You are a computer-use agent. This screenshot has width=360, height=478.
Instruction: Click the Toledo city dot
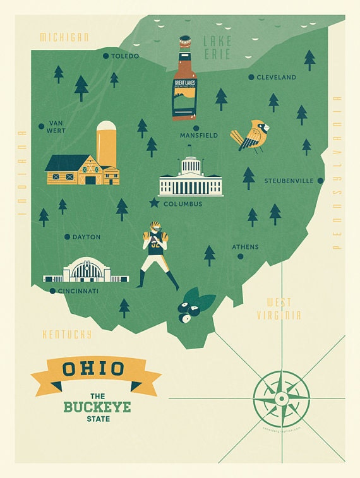tap(105, 56)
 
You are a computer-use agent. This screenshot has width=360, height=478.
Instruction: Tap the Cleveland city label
tap(276, 77)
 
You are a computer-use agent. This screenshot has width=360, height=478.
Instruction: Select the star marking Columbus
tap(154, 203)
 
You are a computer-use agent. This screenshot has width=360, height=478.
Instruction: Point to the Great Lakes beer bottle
tap(184, 79)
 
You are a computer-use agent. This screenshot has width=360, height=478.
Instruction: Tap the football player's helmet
tap(155, 227)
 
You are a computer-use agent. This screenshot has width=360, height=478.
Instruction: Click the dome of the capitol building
tap(190, 164)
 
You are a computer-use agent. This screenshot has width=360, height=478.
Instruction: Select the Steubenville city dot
tap(320, 181)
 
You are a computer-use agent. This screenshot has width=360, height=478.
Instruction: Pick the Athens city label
tap(245, 247)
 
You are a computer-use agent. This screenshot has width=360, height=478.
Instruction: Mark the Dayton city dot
tap(67, 237)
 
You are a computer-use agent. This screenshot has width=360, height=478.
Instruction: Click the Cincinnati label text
tap(78, 291)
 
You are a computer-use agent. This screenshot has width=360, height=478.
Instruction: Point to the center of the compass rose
tap(281, 399)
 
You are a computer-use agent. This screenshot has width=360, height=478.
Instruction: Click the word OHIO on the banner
tap(95, 368)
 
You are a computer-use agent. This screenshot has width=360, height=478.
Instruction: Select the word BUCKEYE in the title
tap(97, 407)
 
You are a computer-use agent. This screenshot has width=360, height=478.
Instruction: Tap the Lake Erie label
tap(217, 47)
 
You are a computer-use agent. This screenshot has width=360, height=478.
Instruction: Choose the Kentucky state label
tap(67, 335)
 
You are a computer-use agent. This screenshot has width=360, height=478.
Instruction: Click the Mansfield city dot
tap(178, 128)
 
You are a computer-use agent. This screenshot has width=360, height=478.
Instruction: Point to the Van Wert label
tap(56, 127)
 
